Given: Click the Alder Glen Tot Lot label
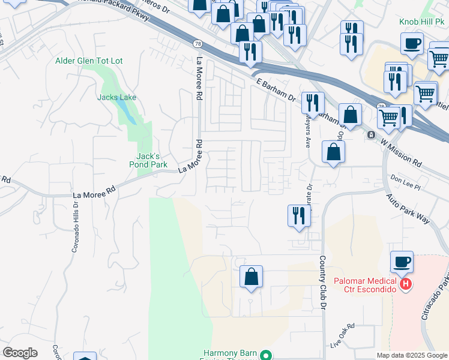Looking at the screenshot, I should [x=89, y=61].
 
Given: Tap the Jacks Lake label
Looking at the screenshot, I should [x=117, y=97].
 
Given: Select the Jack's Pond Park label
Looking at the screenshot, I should [x=148, y=160].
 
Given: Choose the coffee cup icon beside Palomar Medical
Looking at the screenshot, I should [x=402, y=262].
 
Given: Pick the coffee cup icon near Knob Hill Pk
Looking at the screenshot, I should [x=412, y=44].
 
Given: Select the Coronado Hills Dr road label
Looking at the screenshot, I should [x=75, y=226].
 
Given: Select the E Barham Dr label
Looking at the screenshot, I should [x=276, y=90].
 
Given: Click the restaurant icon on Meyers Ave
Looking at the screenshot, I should [x=313, y=103].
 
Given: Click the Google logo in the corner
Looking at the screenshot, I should [x=20, y=353].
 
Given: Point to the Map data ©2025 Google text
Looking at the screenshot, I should [x=411, y=355].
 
